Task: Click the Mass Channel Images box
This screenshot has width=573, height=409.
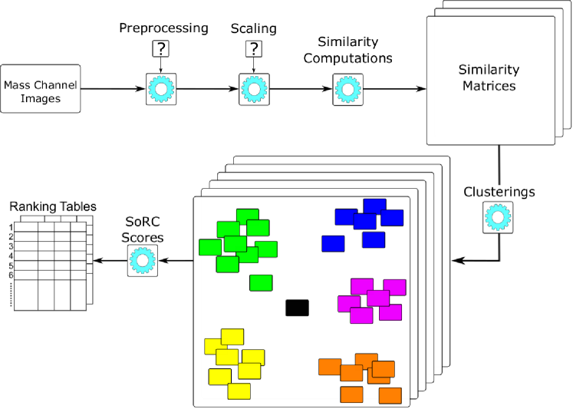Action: (x=41, y=88)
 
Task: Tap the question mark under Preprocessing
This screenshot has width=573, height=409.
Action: (x=161, y=49)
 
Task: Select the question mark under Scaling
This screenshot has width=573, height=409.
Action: (x=252, y=49)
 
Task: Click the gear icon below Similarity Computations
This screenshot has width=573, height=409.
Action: (x=347, y=89)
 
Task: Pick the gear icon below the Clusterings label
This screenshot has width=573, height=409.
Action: (x=497, y=217)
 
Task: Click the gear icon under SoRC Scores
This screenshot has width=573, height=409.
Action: (x=142, y=261)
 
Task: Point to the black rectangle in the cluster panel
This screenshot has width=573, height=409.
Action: (x=297, y=308)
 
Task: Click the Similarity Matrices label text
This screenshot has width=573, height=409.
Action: (x=489, y=78)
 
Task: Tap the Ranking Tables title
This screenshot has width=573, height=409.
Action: (x=52, y=206)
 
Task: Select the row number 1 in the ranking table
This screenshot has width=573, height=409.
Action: (x=12, y=227)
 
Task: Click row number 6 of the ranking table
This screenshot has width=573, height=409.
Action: (x=12, y=275)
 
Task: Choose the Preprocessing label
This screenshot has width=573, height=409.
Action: (x=163, y=28)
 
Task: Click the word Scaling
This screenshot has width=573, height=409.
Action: (x=252, y=28)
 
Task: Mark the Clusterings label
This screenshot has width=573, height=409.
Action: (x=499, y=191)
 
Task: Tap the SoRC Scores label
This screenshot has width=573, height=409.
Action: (x=143, y=230)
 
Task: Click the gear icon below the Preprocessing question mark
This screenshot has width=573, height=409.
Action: (x=161, y=89)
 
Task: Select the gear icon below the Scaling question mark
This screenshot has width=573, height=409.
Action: (x=252, y=89)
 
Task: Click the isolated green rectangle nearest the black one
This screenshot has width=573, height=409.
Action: (x=261, y=282)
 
